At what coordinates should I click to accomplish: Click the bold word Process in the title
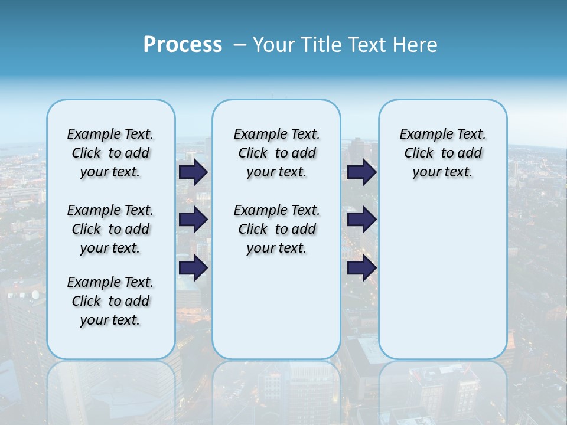click(183, 45)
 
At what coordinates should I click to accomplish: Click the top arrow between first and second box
click(193, 172)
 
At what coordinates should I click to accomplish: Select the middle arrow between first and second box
click(193, 220)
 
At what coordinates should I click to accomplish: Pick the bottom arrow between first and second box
click(193, 268)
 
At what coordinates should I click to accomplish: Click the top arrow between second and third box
click(361, 172)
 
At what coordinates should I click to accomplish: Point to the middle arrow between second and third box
click(361, 220)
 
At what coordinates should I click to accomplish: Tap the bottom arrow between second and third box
click(361, 268)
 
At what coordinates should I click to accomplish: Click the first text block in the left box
click(110, 153)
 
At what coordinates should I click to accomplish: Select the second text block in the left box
click(110, 229)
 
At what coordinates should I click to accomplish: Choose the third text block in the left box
click(110, 301)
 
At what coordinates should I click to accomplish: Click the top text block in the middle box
click(276, 153)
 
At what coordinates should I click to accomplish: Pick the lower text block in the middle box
click(276, 229)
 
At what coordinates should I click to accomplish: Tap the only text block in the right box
click(442, 153)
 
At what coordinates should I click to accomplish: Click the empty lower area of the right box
click(442, 277)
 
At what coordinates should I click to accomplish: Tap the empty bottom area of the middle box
click(276, 313)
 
